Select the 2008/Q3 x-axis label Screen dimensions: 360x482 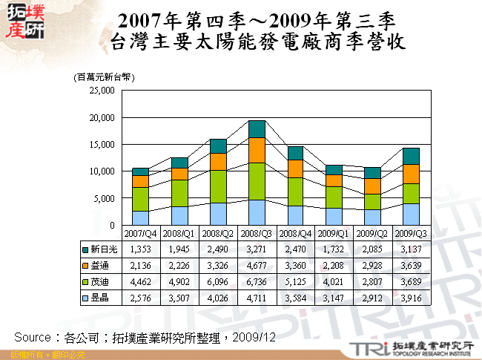point(257,232)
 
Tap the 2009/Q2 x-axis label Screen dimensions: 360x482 point(372,232)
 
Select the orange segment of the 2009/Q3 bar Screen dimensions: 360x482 point(410,174)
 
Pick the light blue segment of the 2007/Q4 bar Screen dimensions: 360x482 point(141,217)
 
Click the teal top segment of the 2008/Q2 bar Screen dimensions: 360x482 point(218,145)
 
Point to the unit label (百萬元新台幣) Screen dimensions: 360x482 point(103,76)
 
